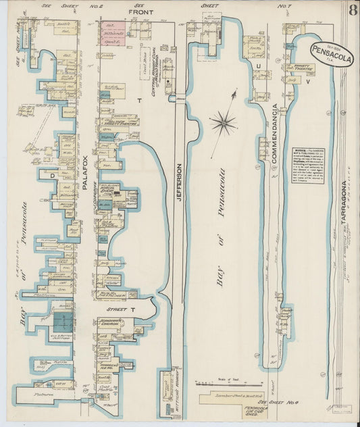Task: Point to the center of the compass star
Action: tap(222, 123)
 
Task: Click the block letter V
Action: tap(307, 82)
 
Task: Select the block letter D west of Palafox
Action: tap(50, 175)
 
